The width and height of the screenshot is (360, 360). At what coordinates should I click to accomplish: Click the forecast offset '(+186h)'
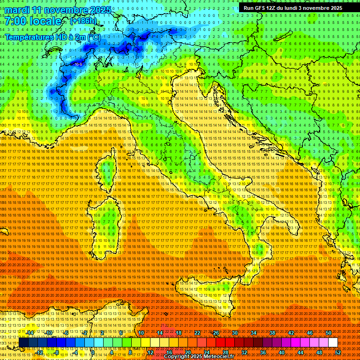[x=83, y=21]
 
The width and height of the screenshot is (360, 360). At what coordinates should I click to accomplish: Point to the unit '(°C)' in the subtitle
[x=92, y=37]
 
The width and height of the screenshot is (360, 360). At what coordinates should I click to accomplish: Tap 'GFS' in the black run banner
[x=261, y=8]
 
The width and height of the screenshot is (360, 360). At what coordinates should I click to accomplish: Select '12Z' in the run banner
[x=273, y=8]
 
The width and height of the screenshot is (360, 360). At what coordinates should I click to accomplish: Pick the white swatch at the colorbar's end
[x=333, y=343]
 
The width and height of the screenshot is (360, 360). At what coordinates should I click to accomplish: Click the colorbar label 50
[x=329, y=333]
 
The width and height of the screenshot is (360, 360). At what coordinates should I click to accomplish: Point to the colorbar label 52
[x=338, y=352]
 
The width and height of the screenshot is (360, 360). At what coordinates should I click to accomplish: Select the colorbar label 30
[x=235, y=333]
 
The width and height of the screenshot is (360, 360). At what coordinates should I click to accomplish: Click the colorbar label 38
[x=272, y=333]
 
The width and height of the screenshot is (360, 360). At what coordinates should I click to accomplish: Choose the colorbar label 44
[x=300, y=352]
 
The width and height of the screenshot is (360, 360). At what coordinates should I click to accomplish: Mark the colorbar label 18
[x=179, y=333]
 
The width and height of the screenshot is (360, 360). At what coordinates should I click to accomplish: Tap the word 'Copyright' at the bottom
[x=177, y=357]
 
